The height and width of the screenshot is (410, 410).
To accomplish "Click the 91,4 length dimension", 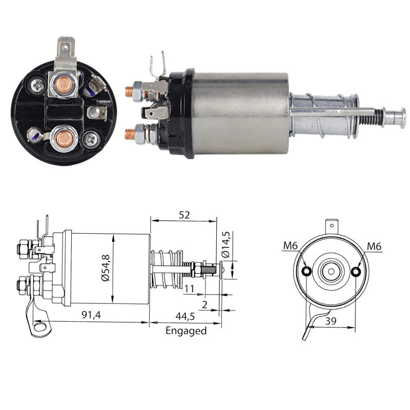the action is (x=91, y=315).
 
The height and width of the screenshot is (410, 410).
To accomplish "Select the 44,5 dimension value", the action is (x=185, y=316).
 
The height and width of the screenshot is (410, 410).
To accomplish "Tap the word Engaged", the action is (x=186, y=331).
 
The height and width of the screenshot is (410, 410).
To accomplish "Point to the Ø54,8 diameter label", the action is (x=106, y=268).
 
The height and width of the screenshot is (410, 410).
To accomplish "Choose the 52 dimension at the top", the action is (x=184, y=215).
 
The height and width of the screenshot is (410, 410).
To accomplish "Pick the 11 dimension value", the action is (x=189, y=289).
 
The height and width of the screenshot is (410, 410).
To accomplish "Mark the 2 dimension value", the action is (x=204, y=304).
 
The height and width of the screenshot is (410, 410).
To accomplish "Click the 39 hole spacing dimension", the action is (x=331, y=321).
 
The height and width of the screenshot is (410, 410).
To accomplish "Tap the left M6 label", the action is (x=291, y=245).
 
